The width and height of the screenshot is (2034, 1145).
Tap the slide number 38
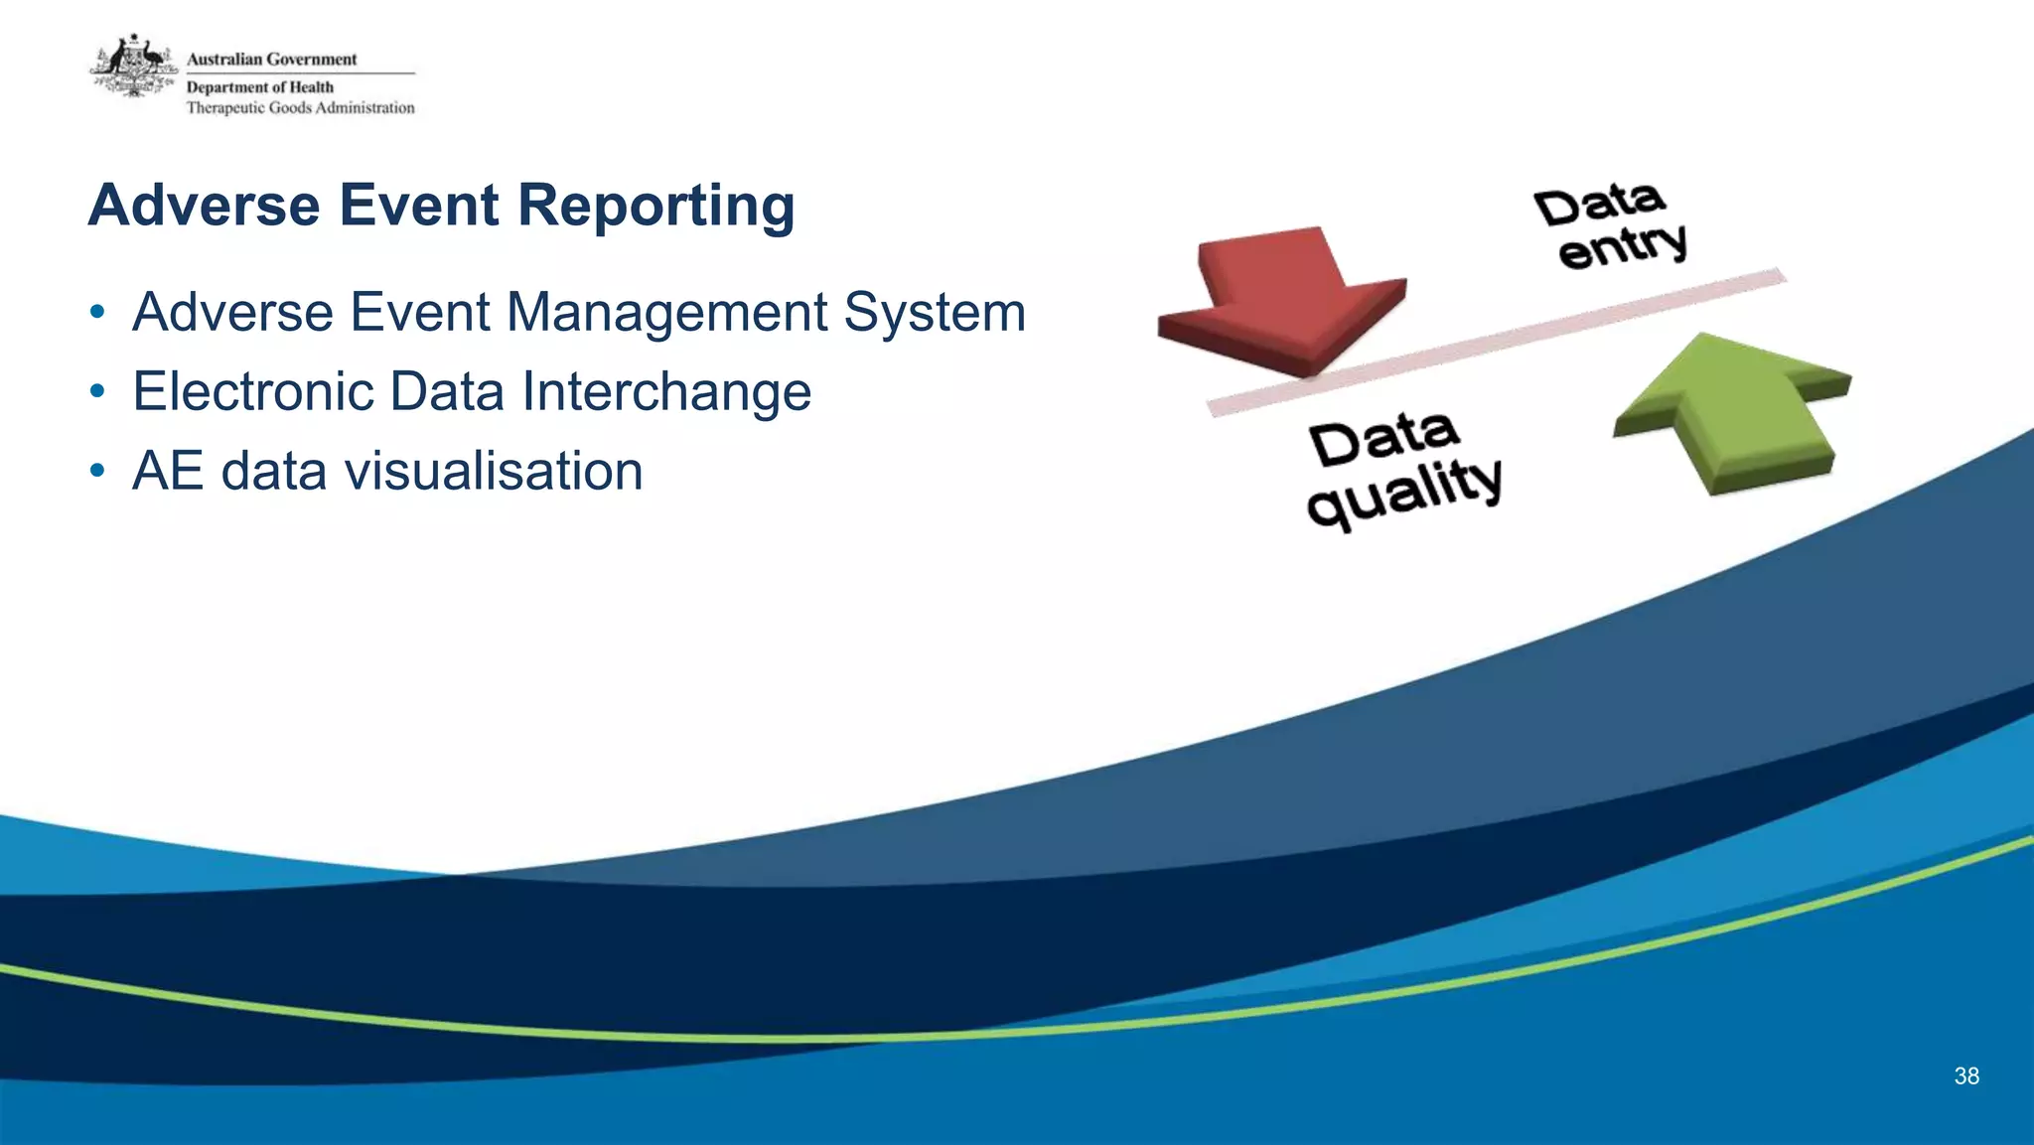(x=1965, y=1075)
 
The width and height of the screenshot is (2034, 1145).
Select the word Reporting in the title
(x=655, y=207)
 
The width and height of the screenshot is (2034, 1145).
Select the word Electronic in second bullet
(x=252, y=391)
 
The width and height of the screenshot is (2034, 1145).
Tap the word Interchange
(x=666, y=391)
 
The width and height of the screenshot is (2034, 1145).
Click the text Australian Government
(x=271, y=60)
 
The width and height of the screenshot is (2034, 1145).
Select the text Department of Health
(x=260, y=87)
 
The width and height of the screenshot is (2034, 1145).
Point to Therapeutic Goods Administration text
(x=300, y=107)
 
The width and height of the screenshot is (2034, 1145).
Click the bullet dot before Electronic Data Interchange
(x=96, y=392)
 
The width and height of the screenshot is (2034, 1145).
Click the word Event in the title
(x=418, y=205)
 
